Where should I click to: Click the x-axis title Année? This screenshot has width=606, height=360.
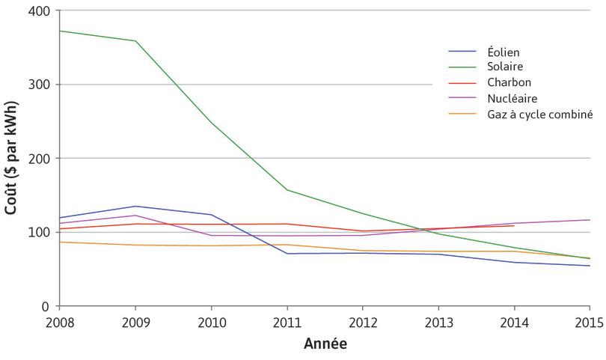[325, 345]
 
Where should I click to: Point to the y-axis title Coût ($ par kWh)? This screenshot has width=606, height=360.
[11, 159]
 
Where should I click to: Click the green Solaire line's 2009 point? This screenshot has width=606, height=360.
[135, 40]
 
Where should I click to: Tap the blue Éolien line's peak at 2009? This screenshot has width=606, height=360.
[135, 206]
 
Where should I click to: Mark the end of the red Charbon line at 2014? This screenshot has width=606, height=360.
[514, 225]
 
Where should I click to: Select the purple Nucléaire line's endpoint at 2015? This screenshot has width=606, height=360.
[590, 220]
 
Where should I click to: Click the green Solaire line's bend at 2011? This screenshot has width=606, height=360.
[287, 189]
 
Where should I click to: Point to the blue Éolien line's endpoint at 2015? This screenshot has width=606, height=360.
[590, 266]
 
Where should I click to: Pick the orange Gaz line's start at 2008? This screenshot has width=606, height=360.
[60, 242]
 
